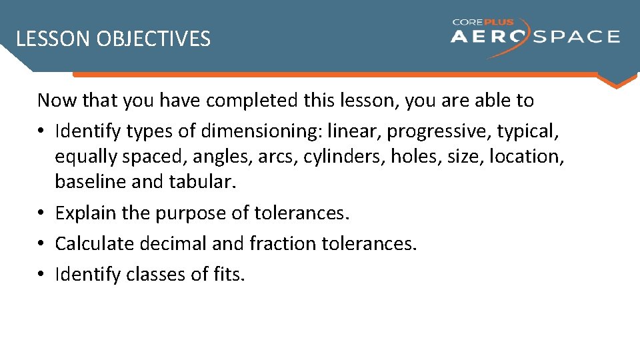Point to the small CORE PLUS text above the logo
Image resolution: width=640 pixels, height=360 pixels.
click(483, 22)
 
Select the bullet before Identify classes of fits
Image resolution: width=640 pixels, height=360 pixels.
click(42, 275)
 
